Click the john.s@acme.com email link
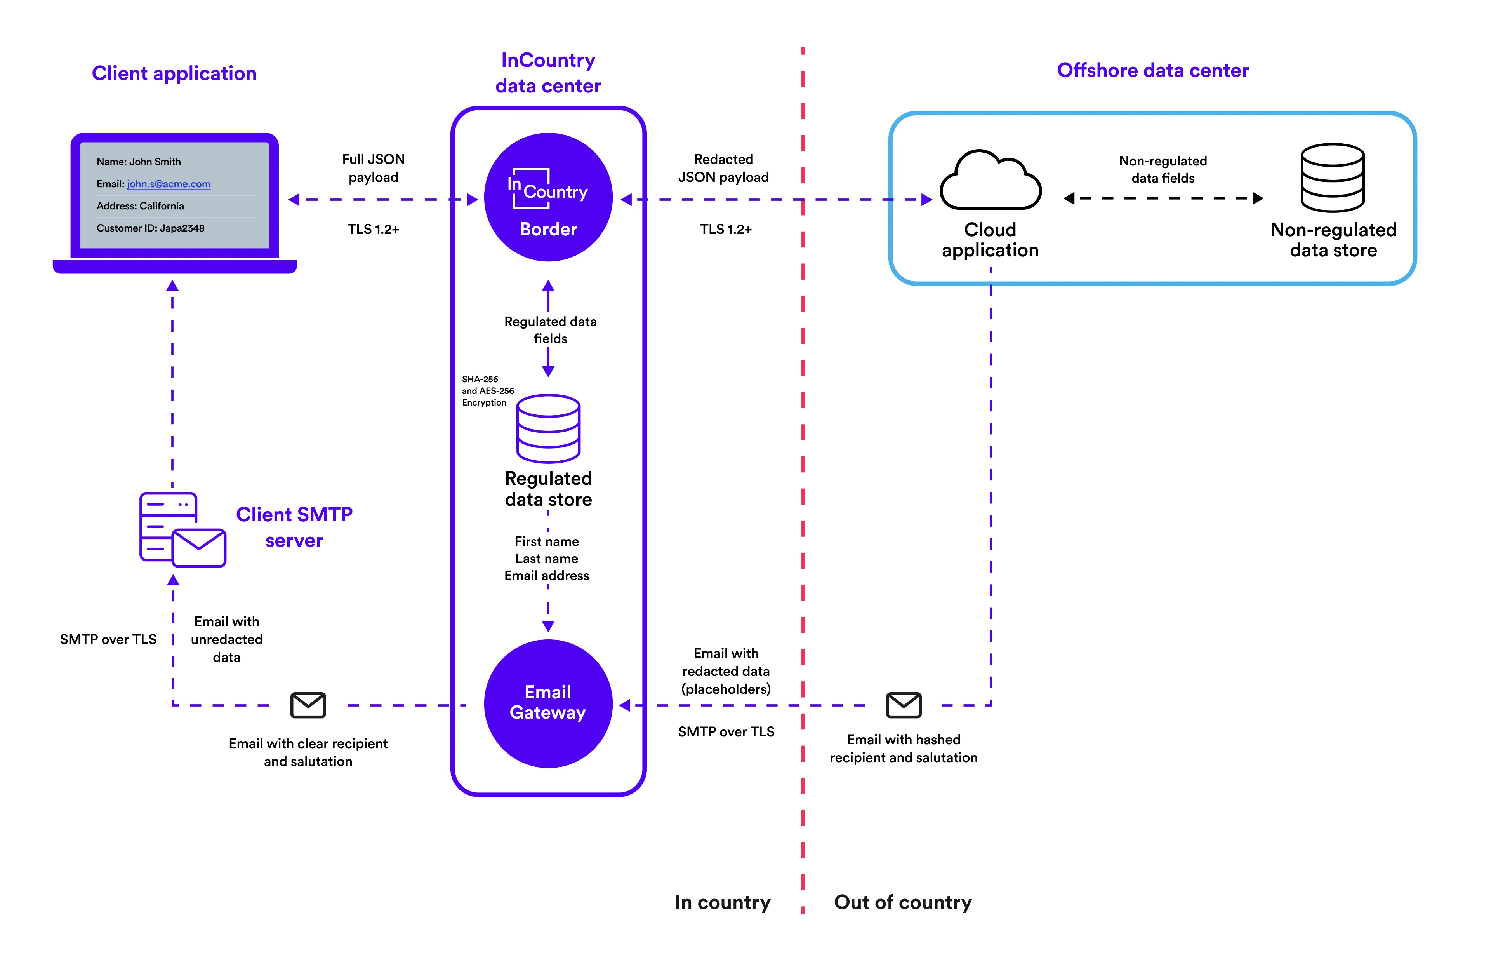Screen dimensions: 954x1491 pos(169,184)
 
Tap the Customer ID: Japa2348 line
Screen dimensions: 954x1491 pos(151,228)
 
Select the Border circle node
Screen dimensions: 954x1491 pos(548,197)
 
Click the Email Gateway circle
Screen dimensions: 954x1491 pos(548,703)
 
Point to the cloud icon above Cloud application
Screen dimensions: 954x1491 pos(990,181)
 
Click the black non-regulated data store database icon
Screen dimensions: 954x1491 pos(1333,178)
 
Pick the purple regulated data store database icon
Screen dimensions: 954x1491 pos(548,429)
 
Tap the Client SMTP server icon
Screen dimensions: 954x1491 pos(182,530)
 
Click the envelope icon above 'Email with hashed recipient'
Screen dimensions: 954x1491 pos(904,705)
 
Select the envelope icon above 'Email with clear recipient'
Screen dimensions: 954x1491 pos(308,705)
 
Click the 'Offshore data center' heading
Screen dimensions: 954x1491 pos(1152,71)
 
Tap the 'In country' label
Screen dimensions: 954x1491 pos(723,902)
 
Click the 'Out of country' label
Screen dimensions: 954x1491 pos(903,902)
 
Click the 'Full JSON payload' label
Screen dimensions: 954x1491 pos(374,168)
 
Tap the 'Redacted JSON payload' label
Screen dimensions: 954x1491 pos(723,168)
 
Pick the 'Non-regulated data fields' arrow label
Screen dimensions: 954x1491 pos(1163,169)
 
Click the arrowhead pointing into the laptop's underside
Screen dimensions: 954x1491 pos(173,286)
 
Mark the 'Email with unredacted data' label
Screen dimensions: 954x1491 pos(227,639)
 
